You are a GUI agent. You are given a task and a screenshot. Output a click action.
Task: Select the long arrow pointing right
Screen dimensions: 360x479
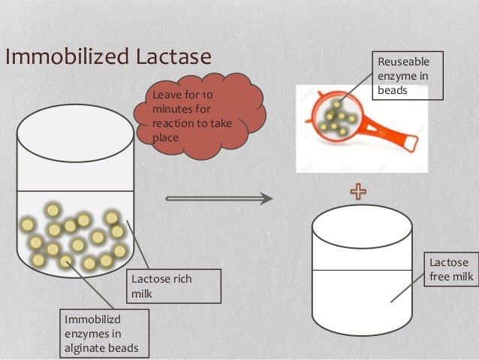(218, 199)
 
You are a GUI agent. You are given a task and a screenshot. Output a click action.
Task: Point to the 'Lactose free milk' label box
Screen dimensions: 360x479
(451, 271)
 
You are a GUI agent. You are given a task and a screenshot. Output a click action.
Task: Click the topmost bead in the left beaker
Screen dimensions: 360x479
(53, 210)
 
